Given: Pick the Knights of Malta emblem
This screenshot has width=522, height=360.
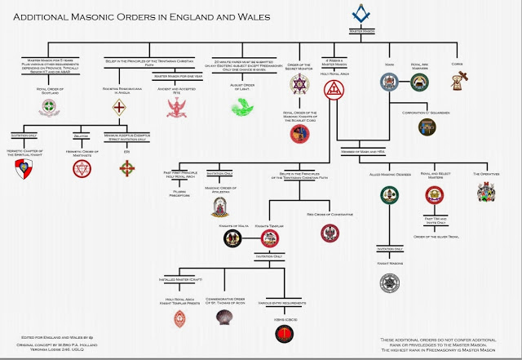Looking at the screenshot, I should [232, 238].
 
